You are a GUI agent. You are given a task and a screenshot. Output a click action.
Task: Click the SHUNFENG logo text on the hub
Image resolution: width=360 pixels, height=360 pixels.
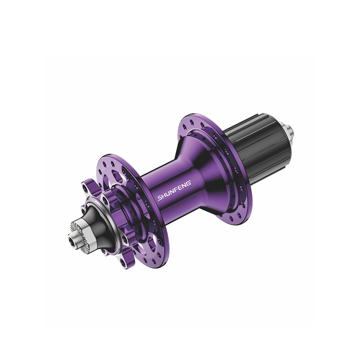(174, 190)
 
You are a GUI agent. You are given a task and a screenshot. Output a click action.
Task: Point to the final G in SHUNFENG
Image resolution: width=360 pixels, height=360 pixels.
(189, 183)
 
